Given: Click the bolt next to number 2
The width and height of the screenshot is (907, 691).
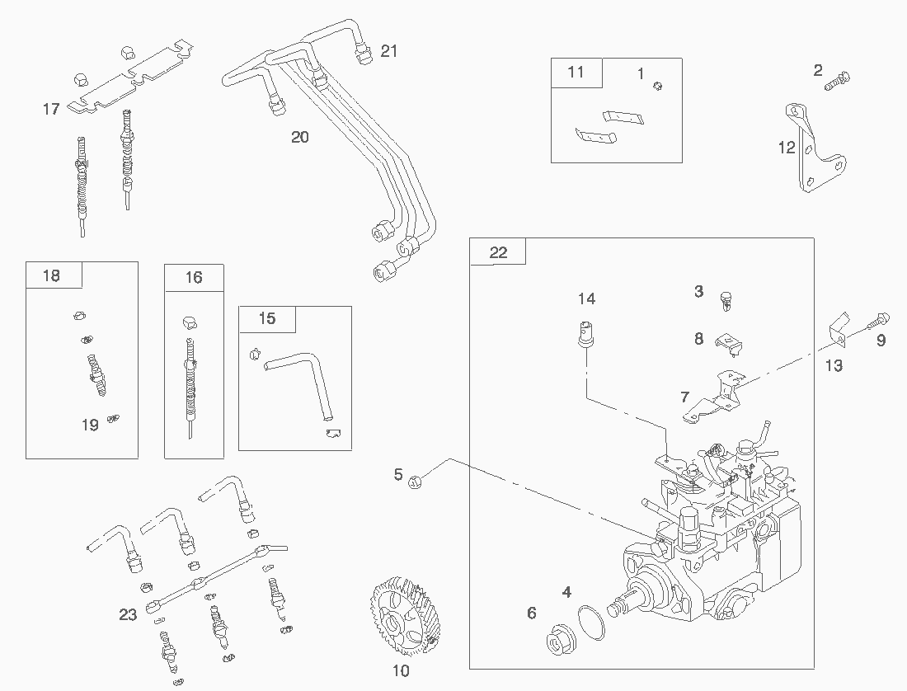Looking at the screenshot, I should (x=840, y=80).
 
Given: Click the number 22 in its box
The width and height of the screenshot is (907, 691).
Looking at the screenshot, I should (x=498, y=252).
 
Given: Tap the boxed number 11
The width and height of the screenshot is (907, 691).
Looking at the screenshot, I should (x=576, y=72).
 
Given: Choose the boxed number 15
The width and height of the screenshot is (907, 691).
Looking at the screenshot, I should (x=266, y=319).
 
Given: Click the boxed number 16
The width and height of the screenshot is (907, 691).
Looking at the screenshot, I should (x=194, y=277).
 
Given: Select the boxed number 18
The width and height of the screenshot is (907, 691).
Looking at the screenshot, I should (x=51, y=275).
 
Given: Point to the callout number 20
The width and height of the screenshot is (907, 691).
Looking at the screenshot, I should (x=300, y=137).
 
